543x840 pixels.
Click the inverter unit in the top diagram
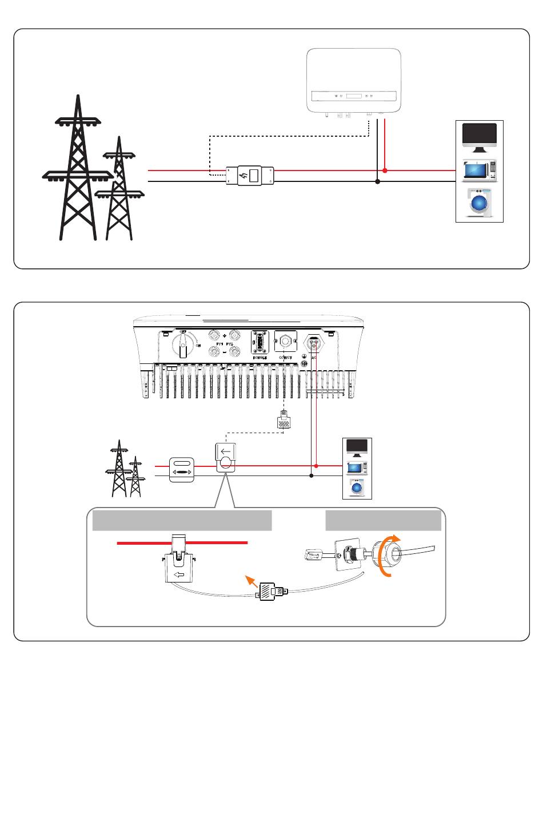pos(354,81)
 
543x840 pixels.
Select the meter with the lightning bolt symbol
pos(250,176)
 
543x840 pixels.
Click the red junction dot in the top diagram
pos(385,171)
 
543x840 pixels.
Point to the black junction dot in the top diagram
pos(377,181)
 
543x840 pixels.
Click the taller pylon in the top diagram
pos(78,172)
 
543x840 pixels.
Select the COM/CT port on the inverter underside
pos(285,342)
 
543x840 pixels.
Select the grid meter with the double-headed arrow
pos(182,470)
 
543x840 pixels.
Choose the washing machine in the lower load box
pos(357,488)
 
